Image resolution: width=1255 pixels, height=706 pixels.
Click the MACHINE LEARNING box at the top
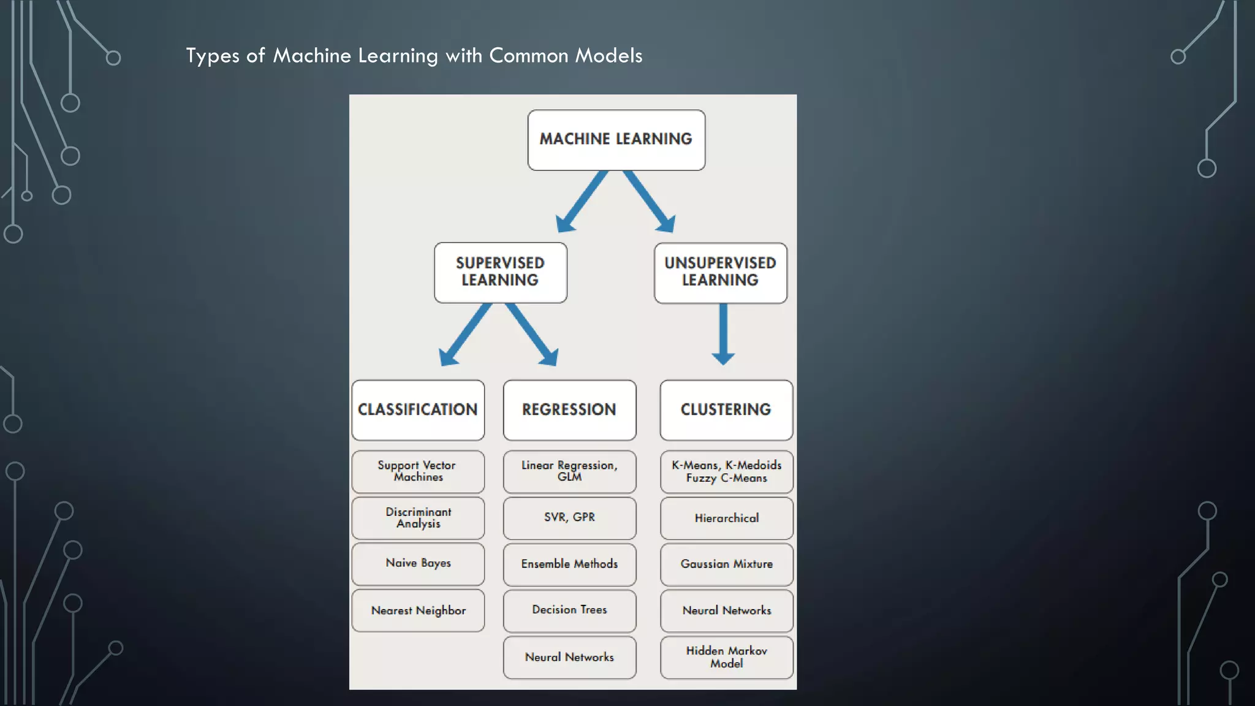tap(616, 140)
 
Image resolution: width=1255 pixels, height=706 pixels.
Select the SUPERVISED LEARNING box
tap(500, 272)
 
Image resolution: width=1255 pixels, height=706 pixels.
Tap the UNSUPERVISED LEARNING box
tap(720, 272)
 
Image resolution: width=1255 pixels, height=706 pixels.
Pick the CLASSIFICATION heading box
tap(418, 409)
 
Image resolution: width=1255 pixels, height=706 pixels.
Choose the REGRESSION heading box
tap(569, 409)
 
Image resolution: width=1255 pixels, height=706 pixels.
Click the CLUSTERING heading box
tap(726, 409)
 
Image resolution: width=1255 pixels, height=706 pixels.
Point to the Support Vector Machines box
tap(418, 471)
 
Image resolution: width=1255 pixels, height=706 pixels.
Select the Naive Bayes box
tap(418, 563)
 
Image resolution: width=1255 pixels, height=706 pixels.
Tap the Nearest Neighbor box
tap(418, 610)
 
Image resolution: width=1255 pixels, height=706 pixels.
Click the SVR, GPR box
tap(569, 517)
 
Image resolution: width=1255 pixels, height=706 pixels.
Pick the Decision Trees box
tap(569, 610)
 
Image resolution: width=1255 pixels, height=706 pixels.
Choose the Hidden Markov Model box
tap(726, 657)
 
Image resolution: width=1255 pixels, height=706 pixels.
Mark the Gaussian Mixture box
tap(726, 564)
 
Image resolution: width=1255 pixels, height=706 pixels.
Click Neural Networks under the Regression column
tap(569, 657)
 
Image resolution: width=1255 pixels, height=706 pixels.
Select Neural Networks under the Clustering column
tap(726, 610)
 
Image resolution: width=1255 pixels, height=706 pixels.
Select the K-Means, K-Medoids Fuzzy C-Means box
tap(726, 471)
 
